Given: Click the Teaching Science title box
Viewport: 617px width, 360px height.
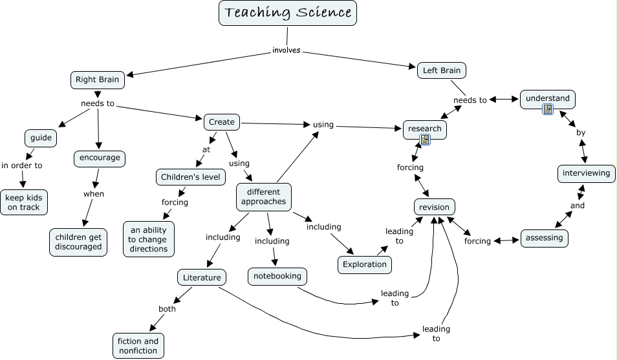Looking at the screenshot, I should coord(288,13).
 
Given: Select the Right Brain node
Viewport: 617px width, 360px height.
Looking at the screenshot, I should coord(97,79).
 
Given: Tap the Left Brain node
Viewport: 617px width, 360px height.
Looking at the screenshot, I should coord(441,70).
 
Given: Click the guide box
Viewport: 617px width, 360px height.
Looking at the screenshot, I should coord(40,138).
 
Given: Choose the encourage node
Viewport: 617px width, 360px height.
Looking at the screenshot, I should coord(99,158).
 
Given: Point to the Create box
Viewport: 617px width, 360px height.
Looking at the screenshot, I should coord(222,122).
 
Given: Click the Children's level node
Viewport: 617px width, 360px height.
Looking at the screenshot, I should coord(191,176).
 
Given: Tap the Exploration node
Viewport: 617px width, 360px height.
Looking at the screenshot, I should coord(365,264).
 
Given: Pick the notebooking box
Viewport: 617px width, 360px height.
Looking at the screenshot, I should coord(277,276).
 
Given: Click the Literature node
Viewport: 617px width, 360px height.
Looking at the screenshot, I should coord(202,278).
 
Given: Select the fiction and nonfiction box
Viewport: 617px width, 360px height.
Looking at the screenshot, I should coord(138,346).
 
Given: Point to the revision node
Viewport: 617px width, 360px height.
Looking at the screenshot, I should coord(434,207).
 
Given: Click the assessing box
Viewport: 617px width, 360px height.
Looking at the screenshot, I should coord(544,237).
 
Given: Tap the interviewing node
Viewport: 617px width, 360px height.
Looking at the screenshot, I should coord(586,173).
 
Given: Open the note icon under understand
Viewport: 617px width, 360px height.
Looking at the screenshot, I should coord(548,110).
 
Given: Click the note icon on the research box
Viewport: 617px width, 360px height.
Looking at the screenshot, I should coord(425,139).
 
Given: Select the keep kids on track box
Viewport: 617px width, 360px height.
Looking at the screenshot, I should coord(24,202).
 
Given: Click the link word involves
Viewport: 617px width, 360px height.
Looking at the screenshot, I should coord(286,50).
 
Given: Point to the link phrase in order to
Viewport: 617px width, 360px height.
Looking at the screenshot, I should coord(22,165).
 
